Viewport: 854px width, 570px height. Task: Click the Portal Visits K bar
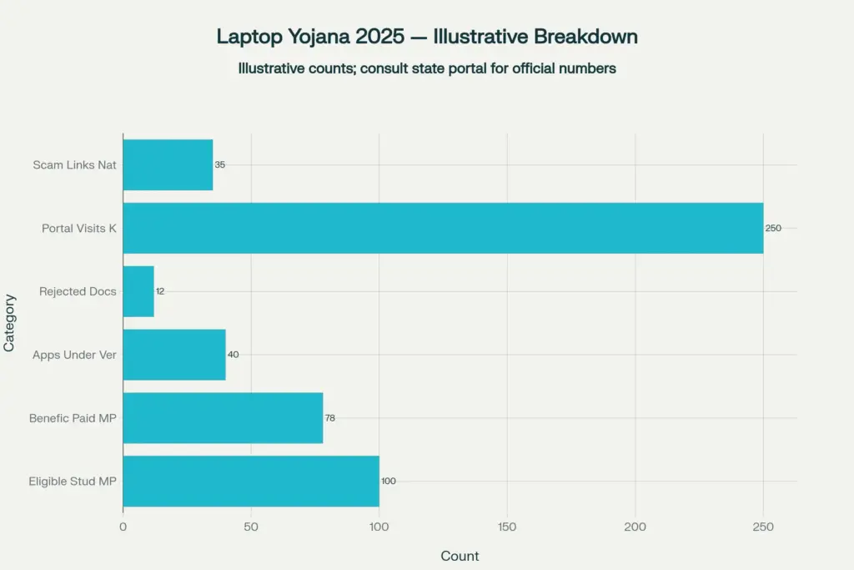click(x=443, y=228)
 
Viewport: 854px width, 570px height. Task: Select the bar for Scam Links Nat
click(x=168, y=164)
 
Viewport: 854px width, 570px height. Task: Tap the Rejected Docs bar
click(x=138, y=291)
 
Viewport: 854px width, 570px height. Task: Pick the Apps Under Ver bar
click(x=174, y=355)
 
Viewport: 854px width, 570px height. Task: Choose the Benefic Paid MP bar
click(x=223, y=417)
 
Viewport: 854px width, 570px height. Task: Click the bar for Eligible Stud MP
click(x=251, y=481)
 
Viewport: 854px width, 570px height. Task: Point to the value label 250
click(x=773, y=228)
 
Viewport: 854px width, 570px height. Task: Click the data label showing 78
click(x=331, y=417)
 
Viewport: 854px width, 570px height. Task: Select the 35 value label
click(x=220, y=164)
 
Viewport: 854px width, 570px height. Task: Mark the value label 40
click(x=234, y=355)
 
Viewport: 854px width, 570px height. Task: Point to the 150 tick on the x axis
click(x=507, y=527)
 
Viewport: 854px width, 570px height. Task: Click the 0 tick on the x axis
click(x=123, y=527)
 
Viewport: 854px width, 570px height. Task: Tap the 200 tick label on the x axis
click(x=635, y=527)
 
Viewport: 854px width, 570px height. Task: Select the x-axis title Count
click(x=460, y=556)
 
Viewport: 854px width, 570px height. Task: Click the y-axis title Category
click(x=10, y=322)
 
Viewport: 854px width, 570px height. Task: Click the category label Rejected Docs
click(x=78, y=291)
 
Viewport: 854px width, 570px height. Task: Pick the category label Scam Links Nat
click(x=74, y=164)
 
